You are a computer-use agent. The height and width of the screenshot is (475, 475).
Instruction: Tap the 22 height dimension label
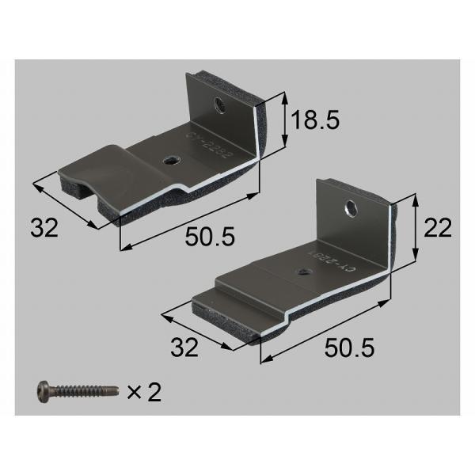436,228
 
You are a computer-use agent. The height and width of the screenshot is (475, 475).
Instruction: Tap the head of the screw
45,390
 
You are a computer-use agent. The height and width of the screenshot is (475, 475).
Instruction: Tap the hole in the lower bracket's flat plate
304,272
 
